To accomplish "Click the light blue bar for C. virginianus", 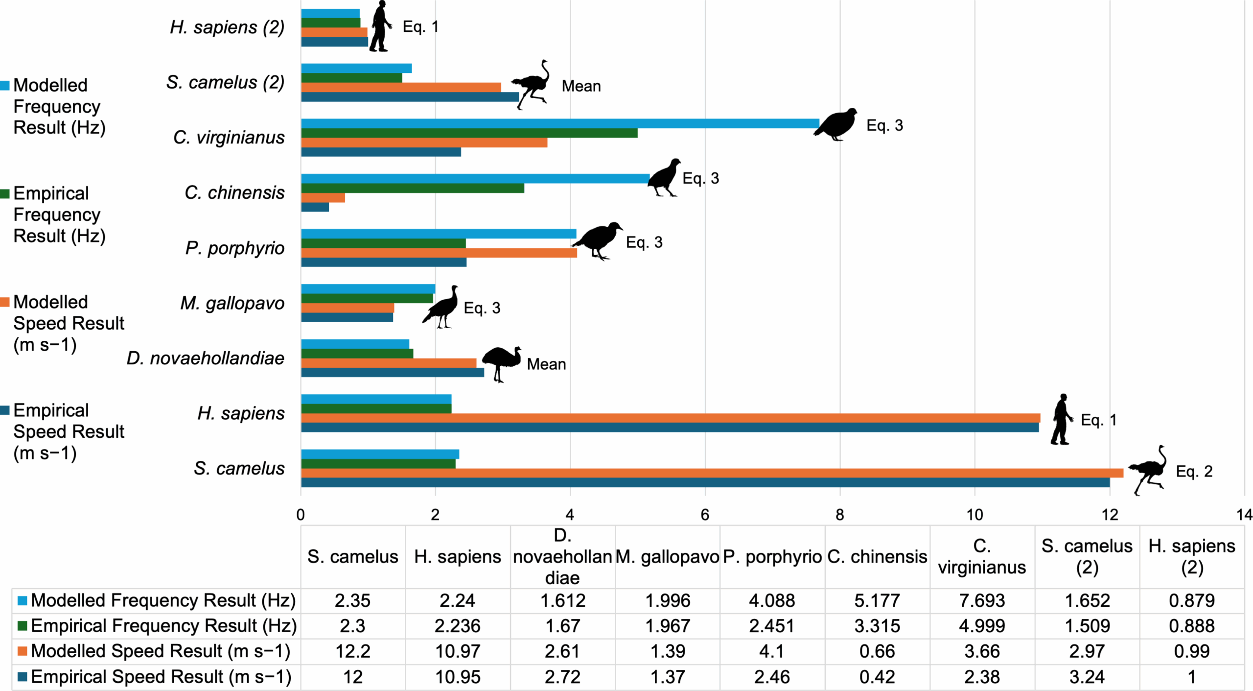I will coord(558,123).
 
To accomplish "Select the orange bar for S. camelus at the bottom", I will coord(710,473).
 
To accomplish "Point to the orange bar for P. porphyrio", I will coord(438,253).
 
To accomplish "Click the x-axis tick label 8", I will coord(839,515).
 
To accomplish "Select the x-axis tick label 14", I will coord(1244,515).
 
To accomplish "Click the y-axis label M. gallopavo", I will coord(232,303).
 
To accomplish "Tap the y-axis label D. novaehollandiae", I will coord(205,358).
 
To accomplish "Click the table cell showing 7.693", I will coord(981,600).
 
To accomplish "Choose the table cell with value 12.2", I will coord(352,651).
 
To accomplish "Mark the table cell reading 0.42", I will coord(877,677).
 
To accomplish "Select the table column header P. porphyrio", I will coord(772,557).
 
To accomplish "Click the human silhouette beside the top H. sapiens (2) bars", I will coord(380,26).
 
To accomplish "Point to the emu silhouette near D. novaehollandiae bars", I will coord(500,362).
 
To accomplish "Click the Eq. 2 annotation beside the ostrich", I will coord(1194,471).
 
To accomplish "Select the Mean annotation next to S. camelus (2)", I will coord(580,86).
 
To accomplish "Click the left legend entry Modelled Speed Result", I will coord(69,323).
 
